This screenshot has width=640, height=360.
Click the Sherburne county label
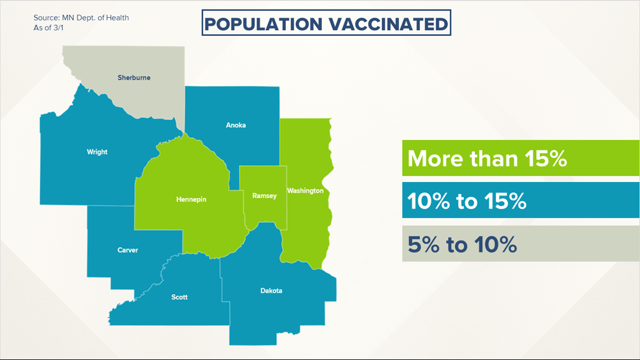pos(134,78)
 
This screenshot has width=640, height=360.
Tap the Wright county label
pos(97,152)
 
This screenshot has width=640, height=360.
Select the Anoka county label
pos(236,125)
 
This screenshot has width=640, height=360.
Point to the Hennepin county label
pos(191,199)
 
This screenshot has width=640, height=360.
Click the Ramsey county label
pos(264,196)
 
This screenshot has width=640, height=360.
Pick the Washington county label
pos(305,190)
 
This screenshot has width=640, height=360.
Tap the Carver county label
pos(128,250)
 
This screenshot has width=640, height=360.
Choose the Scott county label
pos(180,297)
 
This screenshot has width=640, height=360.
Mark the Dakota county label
pos(271,290)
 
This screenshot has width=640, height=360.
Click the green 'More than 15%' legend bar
pos(521,158)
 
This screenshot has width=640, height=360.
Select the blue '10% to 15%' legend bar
pos(521,200)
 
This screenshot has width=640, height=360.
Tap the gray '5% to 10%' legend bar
pos(521,244)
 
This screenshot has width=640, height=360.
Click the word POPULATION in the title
pos(263,24)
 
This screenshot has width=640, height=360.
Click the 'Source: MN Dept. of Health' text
pos(81,18)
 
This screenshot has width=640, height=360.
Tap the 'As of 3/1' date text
pos(49,28)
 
